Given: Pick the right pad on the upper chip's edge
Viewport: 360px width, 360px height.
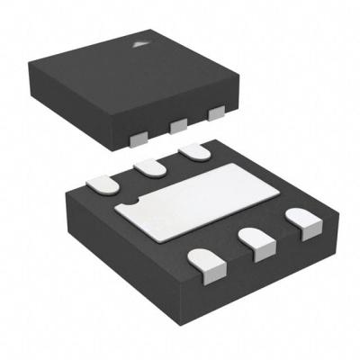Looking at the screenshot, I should coord(214,114).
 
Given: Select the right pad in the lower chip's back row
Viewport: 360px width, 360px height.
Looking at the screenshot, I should coord(191,154).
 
